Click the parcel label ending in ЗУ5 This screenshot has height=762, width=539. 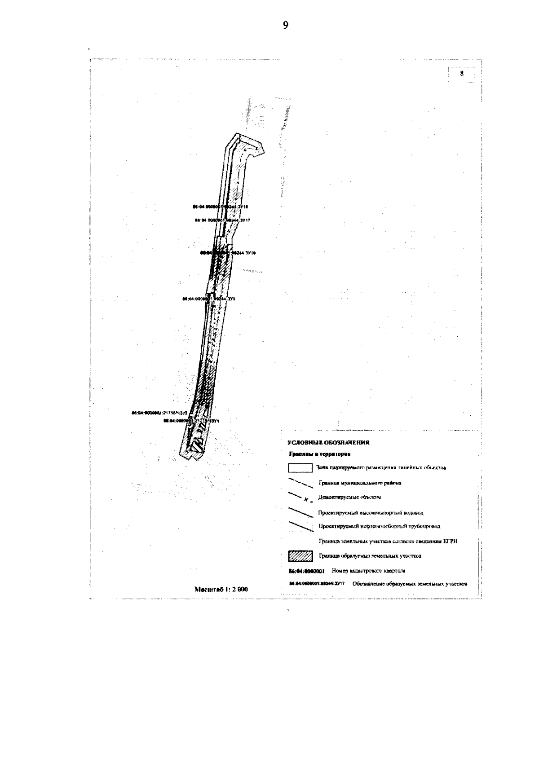pos(203,298)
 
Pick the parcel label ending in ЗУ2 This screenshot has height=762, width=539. pos(159,412)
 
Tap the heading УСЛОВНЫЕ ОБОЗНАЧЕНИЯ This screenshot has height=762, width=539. pos(328,443)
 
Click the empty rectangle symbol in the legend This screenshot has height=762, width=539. pos(300,468)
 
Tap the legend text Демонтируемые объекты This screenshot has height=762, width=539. pos(349,498)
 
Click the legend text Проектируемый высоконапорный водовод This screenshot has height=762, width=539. pos(371,513)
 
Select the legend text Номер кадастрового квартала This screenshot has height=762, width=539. pos(368,571)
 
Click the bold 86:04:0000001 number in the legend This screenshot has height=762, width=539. pos(306,572)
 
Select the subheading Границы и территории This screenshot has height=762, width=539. pos(319,455)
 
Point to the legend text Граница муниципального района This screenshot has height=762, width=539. pos(360,483)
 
